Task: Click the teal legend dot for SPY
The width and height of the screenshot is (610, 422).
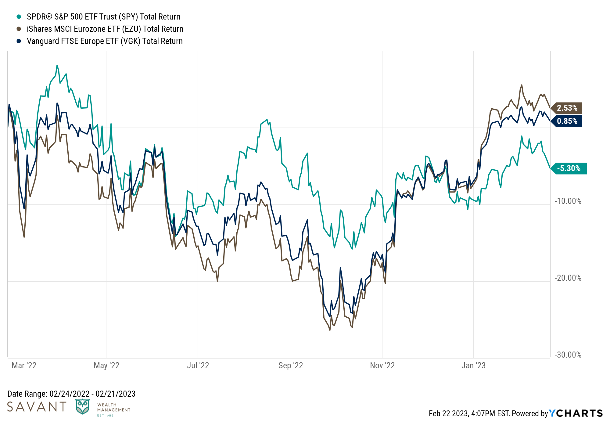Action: tap(19, 16)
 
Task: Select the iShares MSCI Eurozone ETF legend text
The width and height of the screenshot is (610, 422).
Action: tap(105, 29)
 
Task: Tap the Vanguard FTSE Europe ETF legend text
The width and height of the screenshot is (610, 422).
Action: tap(105, 41)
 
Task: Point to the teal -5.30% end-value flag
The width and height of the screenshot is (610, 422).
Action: tap(569, 168)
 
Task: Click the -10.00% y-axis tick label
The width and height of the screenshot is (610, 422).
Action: tap(568, 201)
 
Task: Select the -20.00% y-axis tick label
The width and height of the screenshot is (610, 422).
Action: tap(568, 278)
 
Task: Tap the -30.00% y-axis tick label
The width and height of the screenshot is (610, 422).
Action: tap(568, 355)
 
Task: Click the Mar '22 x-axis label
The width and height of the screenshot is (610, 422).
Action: tap(24, 366)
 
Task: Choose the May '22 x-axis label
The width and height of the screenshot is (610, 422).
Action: tap(106, 366)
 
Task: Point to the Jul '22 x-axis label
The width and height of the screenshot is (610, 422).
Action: tap(198, 366)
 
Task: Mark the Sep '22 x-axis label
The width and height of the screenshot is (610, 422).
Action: tap(291, 366)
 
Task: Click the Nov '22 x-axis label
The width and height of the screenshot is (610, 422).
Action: tap(382, 366)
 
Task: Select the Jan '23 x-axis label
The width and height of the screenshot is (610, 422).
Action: tap(473, 366)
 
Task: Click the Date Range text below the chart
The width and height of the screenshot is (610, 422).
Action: tap(71, 394)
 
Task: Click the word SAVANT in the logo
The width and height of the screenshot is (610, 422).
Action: tap(37, 407)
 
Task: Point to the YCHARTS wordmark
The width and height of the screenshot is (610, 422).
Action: tap(576, 413)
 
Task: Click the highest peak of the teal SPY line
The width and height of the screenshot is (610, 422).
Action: tap(57, 65)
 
